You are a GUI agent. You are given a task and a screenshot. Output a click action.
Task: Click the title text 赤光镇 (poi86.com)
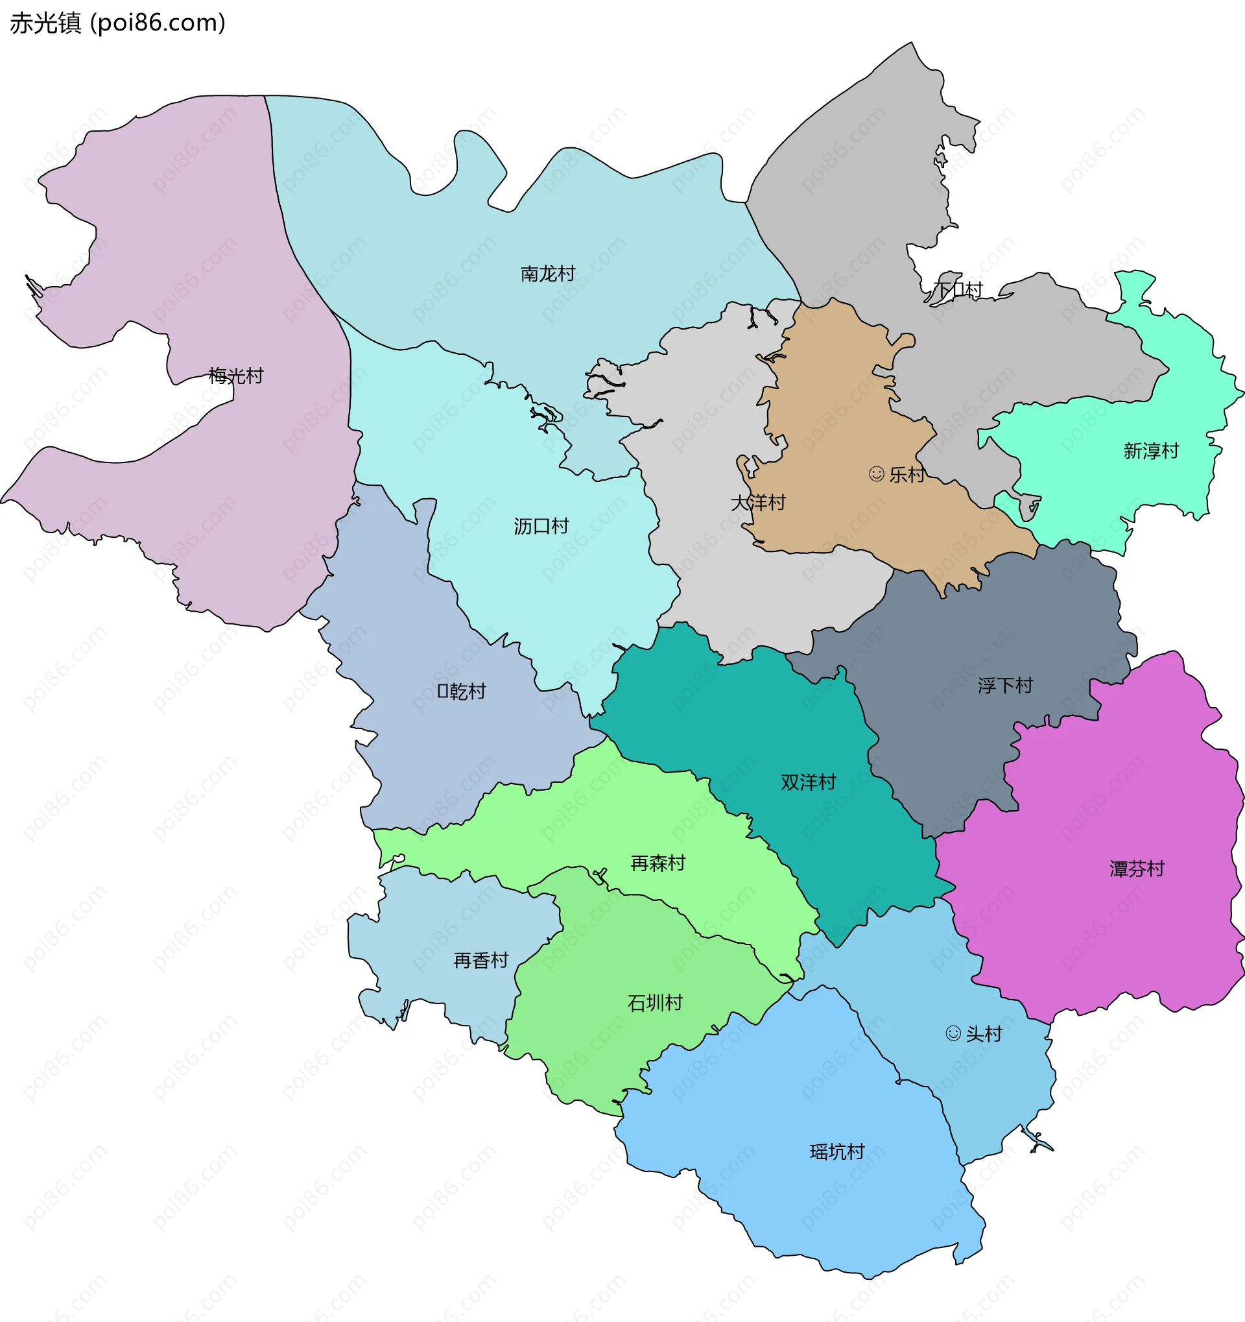coord(117,23)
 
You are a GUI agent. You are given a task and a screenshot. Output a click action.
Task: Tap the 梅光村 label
coord(236,376)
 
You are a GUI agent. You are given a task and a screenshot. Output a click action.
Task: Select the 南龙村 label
coord(548,274)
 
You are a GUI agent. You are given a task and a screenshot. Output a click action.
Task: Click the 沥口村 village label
coord(541,527)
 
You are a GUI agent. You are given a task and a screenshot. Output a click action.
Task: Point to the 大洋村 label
coord(758,503)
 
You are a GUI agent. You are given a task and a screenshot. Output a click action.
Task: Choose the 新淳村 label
coord(1151,451)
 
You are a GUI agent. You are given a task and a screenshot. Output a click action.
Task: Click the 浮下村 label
coord(1005,686)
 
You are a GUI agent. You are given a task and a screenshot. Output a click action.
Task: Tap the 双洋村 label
coord(809,783)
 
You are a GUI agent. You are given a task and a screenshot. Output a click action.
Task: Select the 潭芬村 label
coord(1137,869)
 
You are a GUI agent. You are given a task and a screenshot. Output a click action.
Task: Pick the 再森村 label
coord(658,864)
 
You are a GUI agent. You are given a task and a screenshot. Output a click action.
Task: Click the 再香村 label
coord(480,961)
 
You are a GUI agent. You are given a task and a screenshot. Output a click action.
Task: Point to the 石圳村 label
coord(656,1003)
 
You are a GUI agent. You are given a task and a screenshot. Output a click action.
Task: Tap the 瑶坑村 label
coord(837,1152)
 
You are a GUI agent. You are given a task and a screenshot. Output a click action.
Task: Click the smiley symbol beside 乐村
coord(877,474)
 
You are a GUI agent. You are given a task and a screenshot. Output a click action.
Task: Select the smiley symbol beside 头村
coord(953,1033)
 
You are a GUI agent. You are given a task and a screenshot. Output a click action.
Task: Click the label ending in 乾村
coord(462,691)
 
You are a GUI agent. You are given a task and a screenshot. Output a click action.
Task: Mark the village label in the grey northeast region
coord(958,290)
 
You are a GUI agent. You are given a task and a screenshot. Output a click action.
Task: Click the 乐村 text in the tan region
coord(907,475)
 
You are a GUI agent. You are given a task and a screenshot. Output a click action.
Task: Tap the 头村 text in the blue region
coord(984,1034)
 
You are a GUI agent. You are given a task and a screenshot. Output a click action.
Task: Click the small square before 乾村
coord(443,691)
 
